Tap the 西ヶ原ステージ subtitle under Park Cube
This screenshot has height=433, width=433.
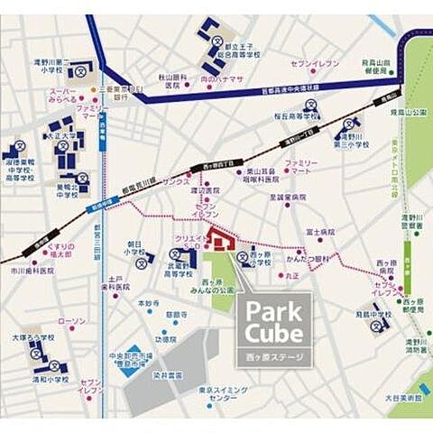click(275, 356)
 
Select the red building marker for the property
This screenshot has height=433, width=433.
click(220, 240)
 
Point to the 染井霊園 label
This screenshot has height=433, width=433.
click(167, 373)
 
